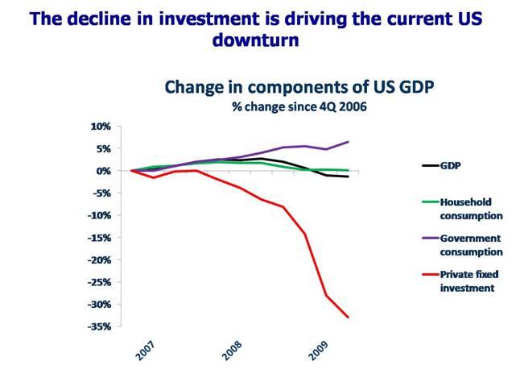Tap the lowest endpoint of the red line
[x=349, y=318]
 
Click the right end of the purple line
[x=349, y=142]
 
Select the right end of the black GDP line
[x=349, y=177]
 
